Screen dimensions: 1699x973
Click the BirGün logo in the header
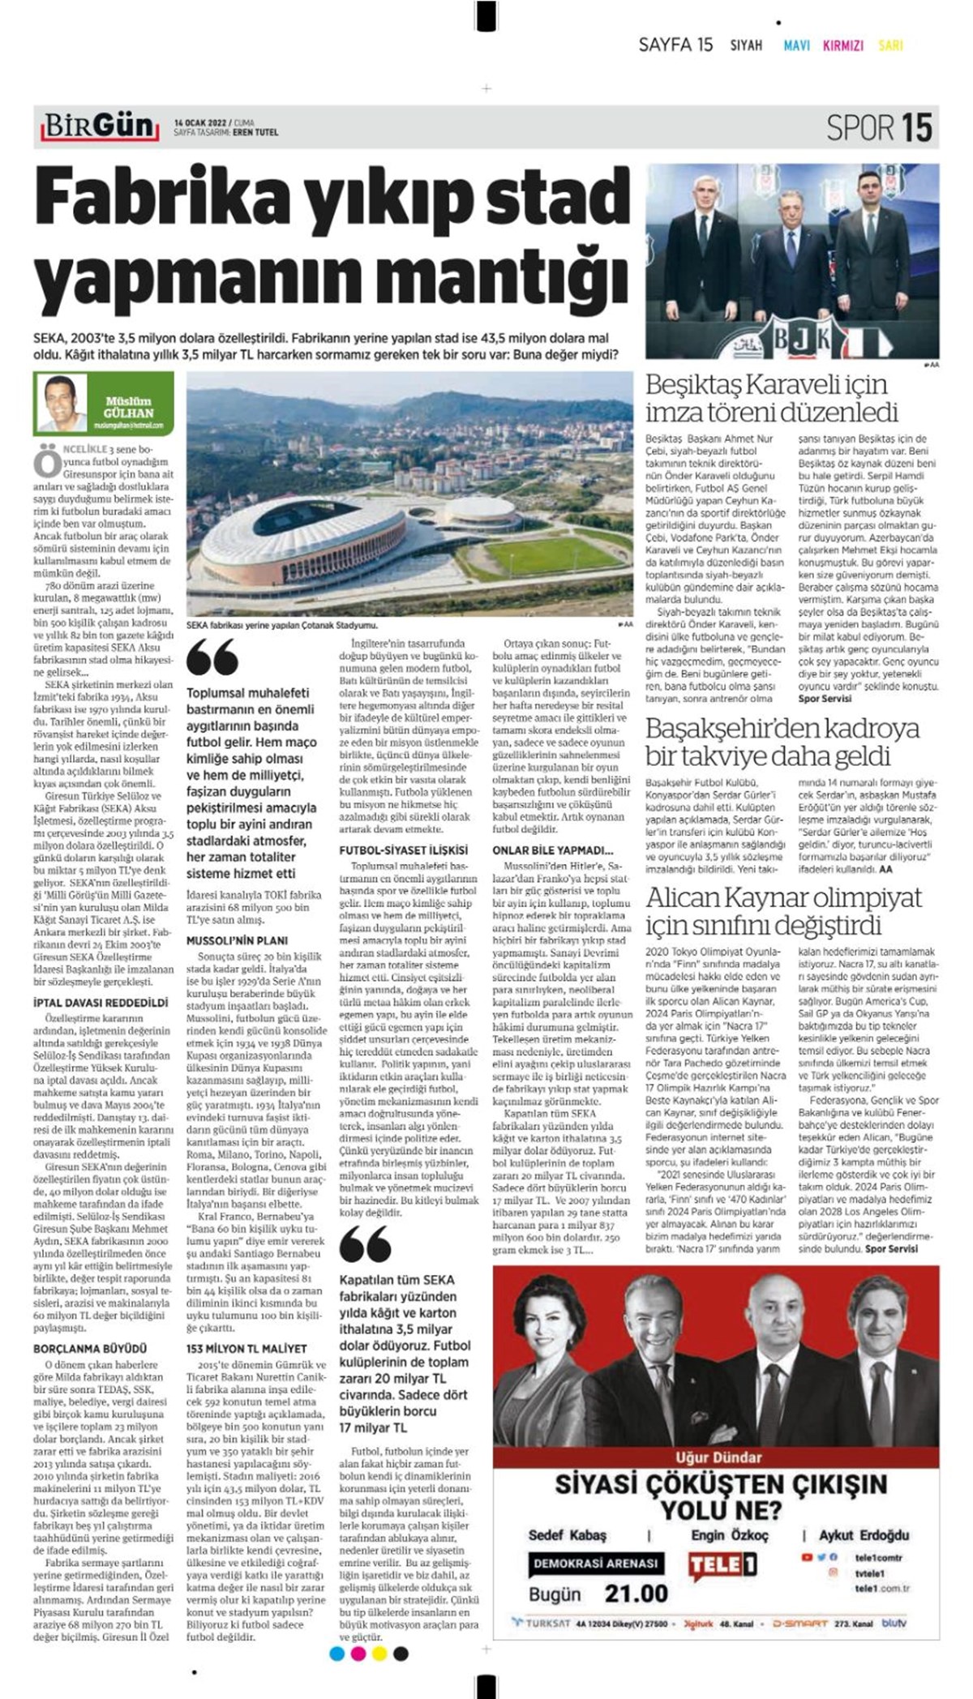coord(98,126)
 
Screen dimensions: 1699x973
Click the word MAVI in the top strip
coord(796,45)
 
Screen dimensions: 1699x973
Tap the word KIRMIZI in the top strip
coord(842,45)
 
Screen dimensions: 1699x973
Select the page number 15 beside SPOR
coord(917,128)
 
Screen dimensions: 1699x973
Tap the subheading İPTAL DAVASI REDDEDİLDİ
coord(101,1003)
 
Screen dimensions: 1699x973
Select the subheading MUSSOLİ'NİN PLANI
coord(237,940)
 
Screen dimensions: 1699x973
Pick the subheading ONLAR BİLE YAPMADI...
coord(552,850)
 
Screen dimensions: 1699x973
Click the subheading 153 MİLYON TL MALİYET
coord(246,1348)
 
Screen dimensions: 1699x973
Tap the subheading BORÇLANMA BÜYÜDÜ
coord(90,1348)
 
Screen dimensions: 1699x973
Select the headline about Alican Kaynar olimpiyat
coord(783,911)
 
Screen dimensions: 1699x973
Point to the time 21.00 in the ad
coord(636,1594)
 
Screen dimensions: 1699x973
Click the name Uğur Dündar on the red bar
coord(718,1457)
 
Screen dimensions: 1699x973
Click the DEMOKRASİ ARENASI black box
coord(595,1563)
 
